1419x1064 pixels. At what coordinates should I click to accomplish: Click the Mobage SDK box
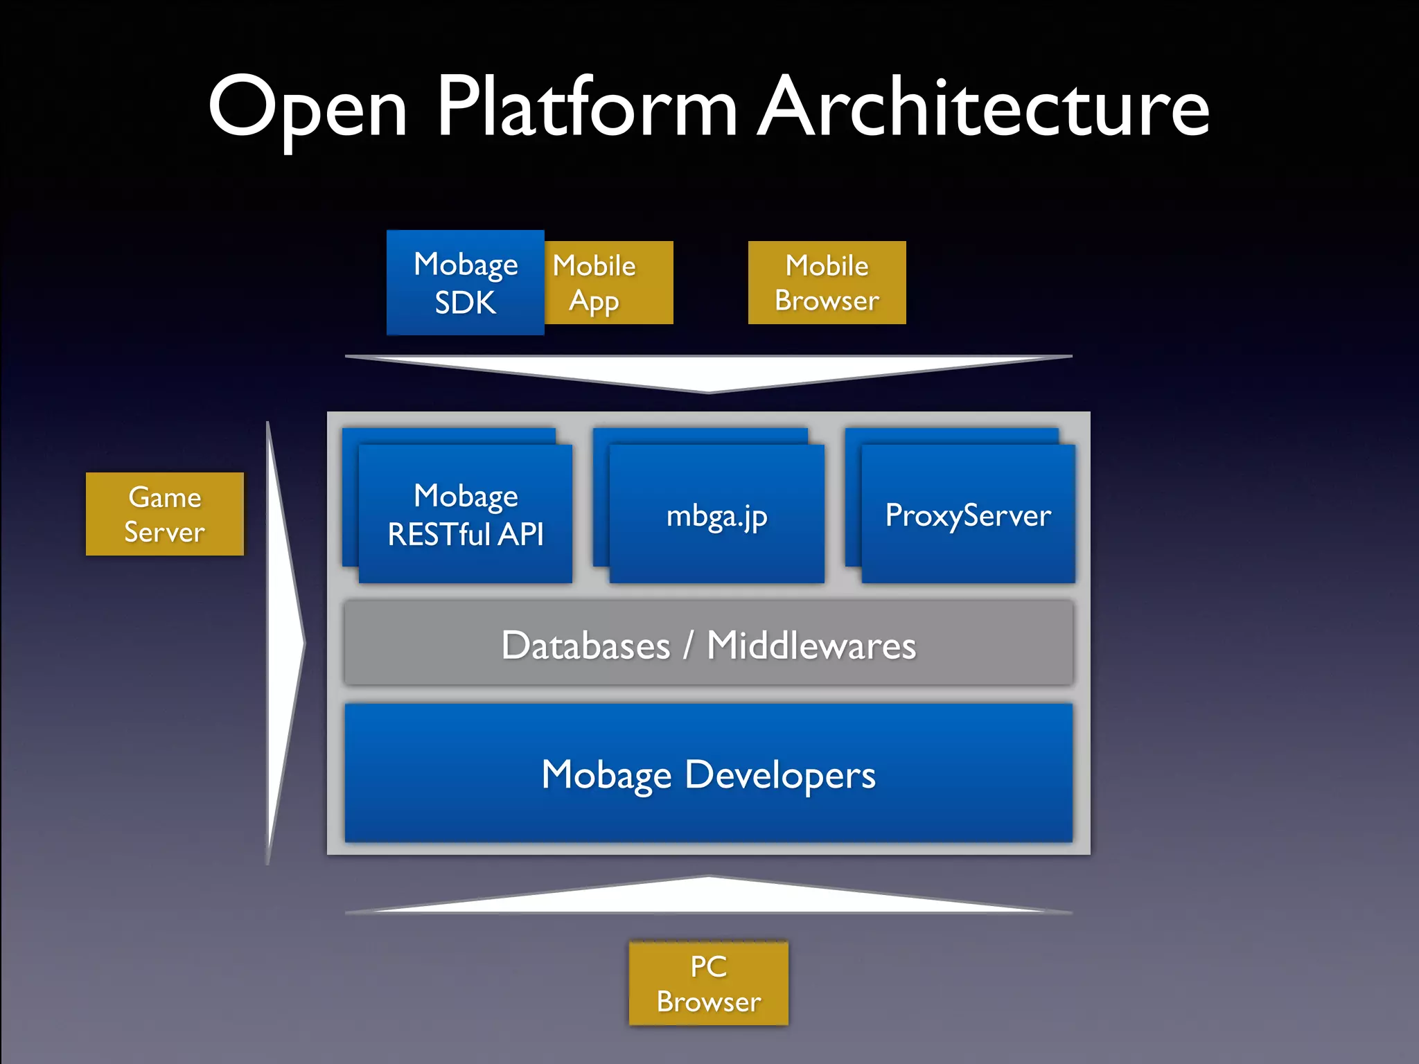tap(465, 283)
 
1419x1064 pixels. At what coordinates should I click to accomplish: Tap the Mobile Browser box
tap(827, 283)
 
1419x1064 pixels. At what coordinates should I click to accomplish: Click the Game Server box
tap(165, 514)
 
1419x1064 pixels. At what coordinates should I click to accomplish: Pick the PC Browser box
tap(708, 983)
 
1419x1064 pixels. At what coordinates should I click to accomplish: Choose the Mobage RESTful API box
tap(465, 514)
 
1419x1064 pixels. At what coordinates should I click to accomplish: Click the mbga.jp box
tap(716, 514)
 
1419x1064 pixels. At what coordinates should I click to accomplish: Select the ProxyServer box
tap(968, 514)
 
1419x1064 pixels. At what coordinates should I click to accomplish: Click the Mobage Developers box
tap(708, 773)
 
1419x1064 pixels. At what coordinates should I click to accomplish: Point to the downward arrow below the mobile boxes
tap(708, 373)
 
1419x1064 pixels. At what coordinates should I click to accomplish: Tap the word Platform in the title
tap(586, 107)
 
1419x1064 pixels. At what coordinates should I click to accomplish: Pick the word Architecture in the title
tap(984, 107)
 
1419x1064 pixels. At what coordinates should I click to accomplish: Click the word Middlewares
tap(811, 646)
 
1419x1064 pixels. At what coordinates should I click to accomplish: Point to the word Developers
tap(780, 775)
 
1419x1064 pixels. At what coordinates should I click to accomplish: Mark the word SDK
tap(465, 303)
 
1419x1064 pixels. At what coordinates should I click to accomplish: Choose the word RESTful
tap(439, 534)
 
